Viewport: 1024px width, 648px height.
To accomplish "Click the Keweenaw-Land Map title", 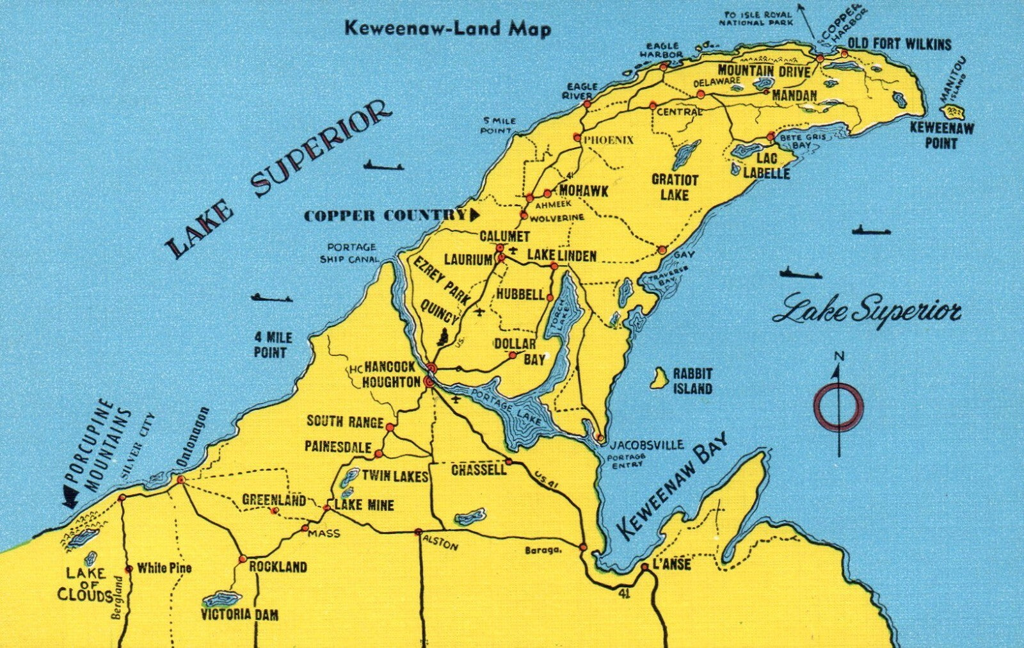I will [447, 28].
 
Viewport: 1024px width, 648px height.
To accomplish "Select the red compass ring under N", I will [838, 407].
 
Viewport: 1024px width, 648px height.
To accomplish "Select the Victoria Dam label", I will [239, 615].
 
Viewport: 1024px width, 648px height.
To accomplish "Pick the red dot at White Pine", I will [129, 569].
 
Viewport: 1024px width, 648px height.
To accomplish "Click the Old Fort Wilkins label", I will [899, 44].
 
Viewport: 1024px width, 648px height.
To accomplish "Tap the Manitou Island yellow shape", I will [955, 115].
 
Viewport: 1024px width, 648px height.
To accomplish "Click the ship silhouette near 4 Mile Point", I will [271, 298].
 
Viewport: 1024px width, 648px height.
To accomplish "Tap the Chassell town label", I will [478, 470].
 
